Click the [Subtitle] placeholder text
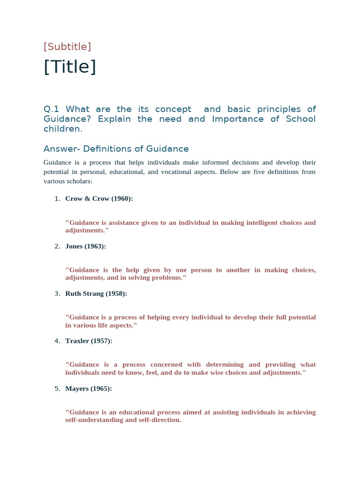67,47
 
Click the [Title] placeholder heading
70,67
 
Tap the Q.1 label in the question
52,109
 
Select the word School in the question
301,119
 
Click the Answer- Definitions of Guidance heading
116,149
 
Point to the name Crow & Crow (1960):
99,199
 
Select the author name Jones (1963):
86,247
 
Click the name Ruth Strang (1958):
96,294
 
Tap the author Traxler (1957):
89,341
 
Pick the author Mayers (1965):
89,389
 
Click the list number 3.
57,294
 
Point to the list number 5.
57,389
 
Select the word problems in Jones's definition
169,278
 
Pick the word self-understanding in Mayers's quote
93,420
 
